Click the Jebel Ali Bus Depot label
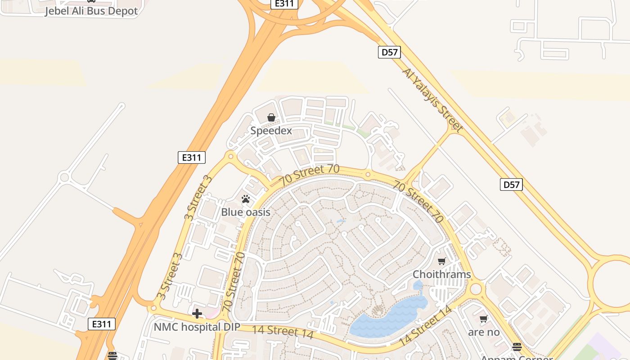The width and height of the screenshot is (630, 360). coord(91,11)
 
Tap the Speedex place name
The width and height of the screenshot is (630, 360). coord(271,131)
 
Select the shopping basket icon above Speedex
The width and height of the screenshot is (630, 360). coord(271,118)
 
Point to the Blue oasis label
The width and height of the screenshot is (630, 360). coord(246,212)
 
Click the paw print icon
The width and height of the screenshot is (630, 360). coord(246,199)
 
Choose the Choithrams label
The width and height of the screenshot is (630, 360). coord(441,274)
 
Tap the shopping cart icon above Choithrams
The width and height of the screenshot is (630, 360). coord(442,261)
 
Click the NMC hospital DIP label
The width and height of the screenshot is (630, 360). coord(197,327)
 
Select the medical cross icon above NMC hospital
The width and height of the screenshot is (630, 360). coord(197,314)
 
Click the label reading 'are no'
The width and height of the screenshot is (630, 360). coord(484,333)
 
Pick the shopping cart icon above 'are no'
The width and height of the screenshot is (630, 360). coord(484,319)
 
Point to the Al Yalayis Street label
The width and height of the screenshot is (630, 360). coord(432,100)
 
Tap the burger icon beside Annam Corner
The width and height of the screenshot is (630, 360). coord(517,347)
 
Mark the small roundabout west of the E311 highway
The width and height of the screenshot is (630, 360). coord(64,177)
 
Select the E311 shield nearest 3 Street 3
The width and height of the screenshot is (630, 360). coord(192,157)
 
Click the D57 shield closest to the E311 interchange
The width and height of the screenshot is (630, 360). coord(389,52)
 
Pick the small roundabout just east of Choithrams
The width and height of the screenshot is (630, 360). coord(475,288)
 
